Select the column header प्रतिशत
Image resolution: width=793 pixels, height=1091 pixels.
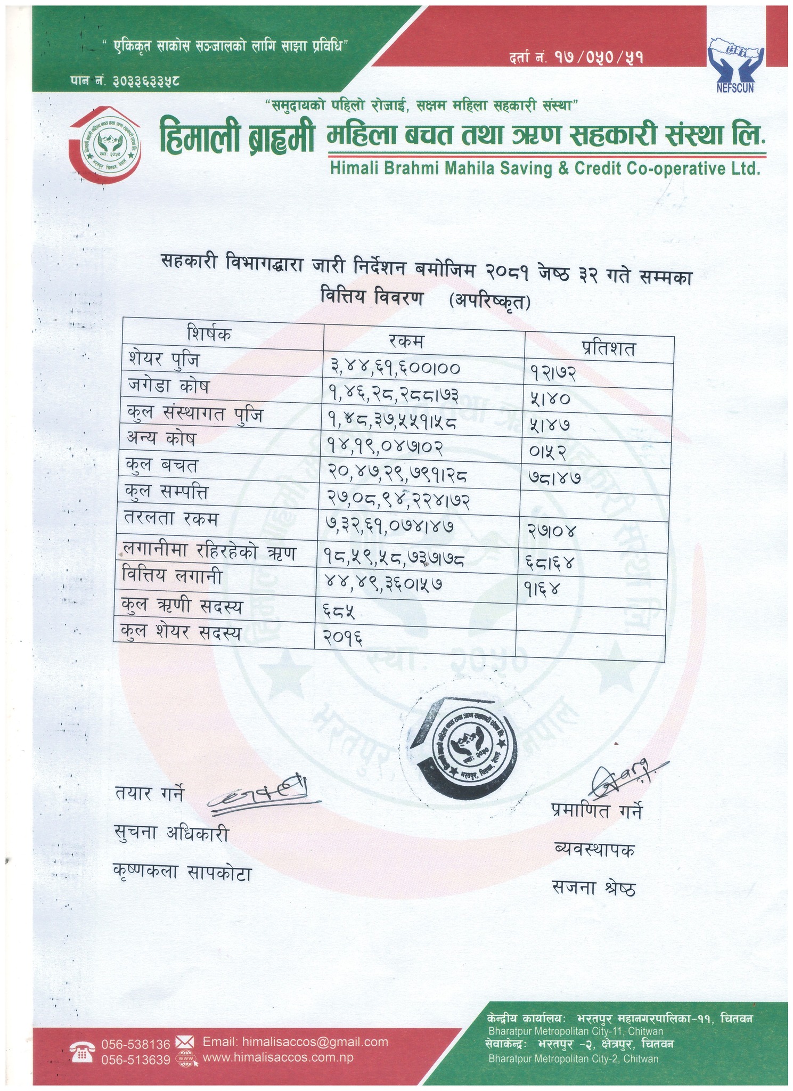coord(608,348)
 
